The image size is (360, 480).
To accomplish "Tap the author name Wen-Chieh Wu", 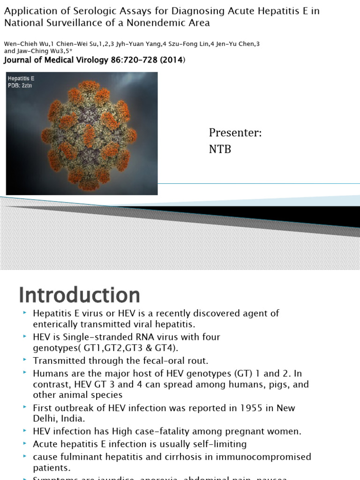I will (24, 44).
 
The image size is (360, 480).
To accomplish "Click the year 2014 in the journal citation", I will (173, 60).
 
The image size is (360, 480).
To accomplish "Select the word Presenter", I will (235, 133).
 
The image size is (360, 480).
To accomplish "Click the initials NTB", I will (220, 150).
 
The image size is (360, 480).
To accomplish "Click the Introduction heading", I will (79, 295).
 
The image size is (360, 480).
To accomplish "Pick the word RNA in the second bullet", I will (143, 337).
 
